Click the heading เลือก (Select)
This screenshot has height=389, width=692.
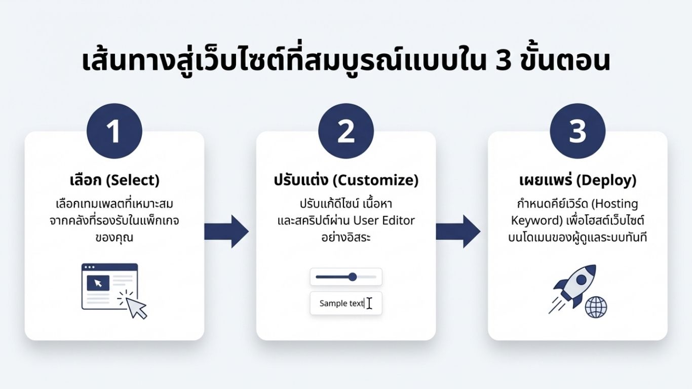click(x=114, y=180)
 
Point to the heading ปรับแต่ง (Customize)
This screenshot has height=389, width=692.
click(x=346, y=180)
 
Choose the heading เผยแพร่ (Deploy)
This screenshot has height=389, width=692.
click(x=578, y=180)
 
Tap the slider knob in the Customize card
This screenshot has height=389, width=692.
click(x=353, y=277)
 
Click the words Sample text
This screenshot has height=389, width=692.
click(x=341, y=303)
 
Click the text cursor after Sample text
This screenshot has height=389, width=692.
click(x=369, y=303)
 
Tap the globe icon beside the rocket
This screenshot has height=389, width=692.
click(x=596, y=307)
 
